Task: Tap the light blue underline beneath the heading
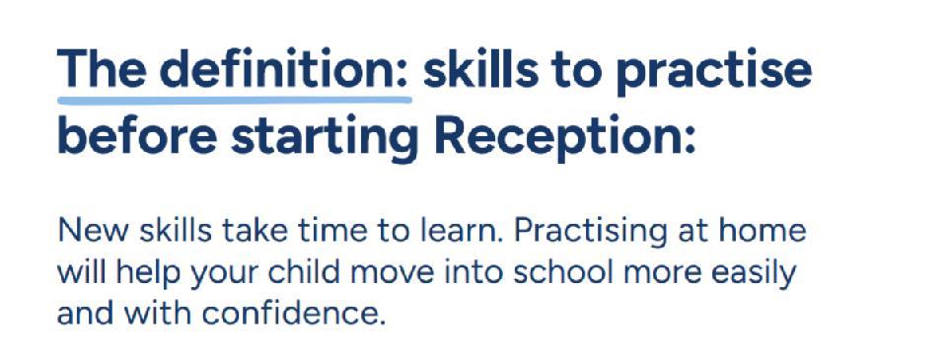235,99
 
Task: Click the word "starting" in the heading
325,138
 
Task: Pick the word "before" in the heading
137,134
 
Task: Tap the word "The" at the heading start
102,69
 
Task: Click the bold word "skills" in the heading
480,69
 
